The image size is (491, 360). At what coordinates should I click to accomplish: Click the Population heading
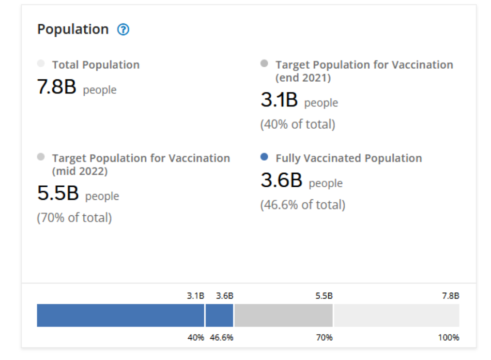click(x=73, y=30)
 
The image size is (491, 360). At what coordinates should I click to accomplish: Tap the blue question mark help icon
click(x=123, y=30)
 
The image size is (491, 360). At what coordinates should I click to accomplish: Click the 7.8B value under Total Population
click(x=57, y=88)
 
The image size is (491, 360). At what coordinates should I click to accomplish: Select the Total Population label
click(x=95, y=65)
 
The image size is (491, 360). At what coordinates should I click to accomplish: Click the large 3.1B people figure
click(x=279, y=101)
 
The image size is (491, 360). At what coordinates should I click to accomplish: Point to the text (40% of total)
click(x=297, y=124)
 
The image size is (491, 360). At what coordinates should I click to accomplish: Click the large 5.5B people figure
click(x=58, y=194)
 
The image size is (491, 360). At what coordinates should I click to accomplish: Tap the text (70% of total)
click(x=74, y=218)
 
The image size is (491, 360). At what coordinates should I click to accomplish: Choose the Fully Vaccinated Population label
click(x=349, y=158)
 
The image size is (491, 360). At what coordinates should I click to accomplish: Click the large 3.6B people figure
click(x=281, y=181)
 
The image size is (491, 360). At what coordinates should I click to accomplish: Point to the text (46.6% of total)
click(x=303, y=205)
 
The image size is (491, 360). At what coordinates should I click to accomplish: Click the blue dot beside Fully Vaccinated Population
click(x=264, y=157)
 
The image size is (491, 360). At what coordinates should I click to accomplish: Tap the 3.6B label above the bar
click(x=225, y=296)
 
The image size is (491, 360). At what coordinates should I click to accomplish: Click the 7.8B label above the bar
click(x=450, y=296)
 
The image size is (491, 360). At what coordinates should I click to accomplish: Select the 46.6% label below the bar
click(x=222, y=337)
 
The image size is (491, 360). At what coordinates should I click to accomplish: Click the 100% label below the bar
click(x=448, y=337)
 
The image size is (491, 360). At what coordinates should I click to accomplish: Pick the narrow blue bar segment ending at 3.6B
click(x=219, y=315)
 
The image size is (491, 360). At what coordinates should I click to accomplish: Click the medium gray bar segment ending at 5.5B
click(x=283, y=315)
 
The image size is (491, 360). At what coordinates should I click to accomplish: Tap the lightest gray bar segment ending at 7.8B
click(x=396, y=315)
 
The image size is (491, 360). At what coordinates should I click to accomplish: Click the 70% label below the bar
click(x=324, y=337)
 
